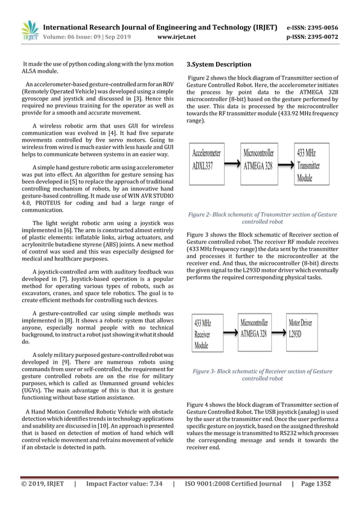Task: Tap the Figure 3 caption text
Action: [262, 375]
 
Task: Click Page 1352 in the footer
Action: [316, 483]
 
